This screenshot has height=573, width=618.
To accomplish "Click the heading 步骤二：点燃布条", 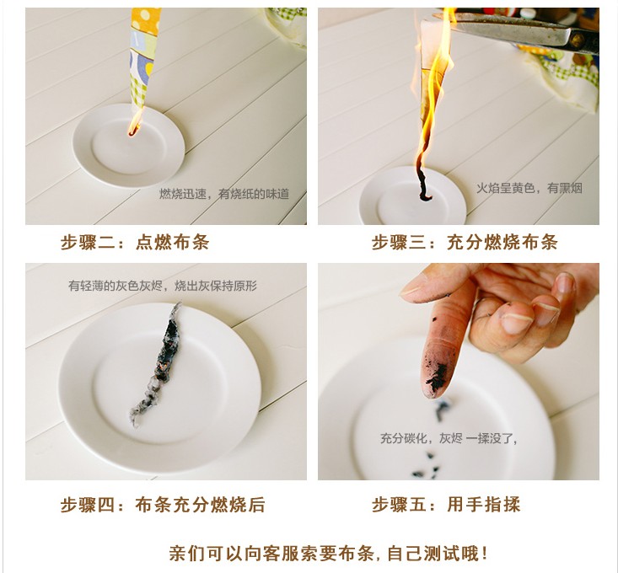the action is click(x=135, y=242).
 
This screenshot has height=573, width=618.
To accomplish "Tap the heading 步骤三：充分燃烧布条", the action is click(x=465, y=242).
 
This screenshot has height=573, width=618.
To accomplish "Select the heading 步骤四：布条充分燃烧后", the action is click(x=163, y=505).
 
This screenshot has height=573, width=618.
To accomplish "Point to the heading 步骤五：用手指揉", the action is click(x=446, y=505).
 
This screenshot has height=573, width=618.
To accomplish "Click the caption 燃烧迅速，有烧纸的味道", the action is click(x=224, y=194).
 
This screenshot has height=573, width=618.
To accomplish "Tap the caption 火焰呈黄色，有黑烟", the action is click(x=529, y=188).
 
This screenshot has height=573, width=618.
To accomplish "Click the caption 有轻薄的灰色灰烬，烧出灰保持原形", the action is click(x=163, y=285).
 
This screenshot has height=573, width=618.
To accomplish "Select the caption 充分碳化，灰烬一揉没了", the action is click(x=449, y=438).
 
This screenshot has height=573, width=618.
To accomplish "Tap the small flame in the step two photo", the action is click(x=135, y=122).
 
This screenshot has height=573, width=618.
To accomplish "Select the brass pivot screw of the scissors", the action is click(x=578, y=40).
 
